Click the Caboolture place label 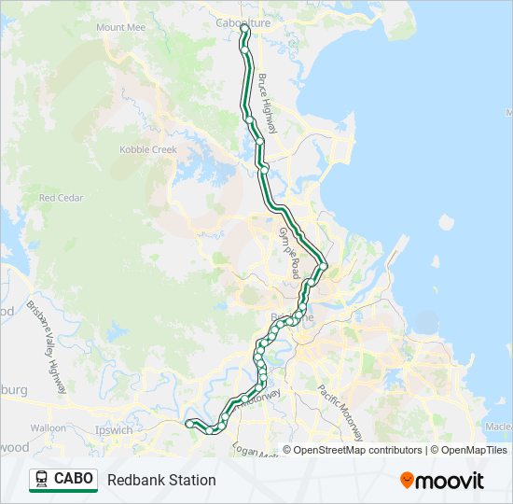coord(243,21)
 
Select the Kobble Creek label coord(147,150)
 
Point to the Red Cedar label coord(61,198)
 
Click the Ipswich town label coord(114,431)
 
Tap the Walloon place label coord(48,428)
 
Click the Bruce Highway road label coord(269,104)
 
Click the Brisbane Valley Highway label coord(46,346)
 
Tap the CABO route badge coord(63,480)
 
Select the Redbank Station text coord(161,480)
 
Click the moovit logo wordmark coord(451,481)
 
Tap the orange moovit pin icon coord(407,481)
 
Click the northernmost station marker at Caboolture coord(245,30)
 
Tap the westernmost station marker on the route coord(191,424)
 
